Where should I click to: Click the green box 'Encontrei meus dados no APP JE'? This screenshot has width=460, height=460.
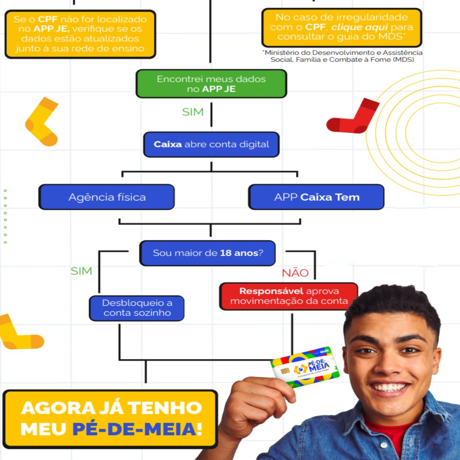coord(211,84)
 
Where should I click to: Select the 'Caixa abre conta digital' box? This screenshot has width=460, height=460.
coord(211,144)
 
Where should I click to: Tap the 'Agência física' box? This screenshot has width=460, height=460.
coord(107,197)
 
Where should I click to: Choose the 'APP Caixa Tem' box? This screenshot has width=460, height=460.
coord(316,197)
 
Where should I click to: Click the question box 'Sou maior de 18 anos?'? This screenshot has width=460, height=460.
coord(208,253)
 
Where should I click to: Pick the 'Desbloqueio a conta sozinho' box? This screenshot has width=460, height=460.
coord(137,308)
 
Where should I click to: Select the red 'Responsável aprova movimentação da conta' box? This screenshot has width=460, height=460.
coord(289,296)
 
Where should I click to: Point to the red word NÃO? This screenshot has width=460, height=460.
coord(295,273)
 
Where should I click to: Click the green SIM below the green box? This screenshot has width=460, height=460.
coord(193,112)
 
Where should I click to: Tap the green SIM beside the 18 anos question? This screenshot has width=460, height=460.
coord(81,271)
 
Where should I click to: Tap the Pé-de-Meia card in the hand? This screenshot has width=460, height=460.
coord(305,367)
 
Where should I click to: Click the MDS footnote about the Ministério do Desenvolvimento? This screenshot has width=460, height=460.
coord(342,56)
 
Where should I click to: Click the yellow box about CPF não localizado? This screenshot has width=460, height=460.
coord(80,34)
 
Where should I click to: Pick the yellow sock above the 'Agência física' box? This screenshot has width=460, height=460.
coord(42,121)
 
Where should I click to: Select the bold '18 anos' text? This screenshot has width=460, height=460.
coord(239,253)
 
